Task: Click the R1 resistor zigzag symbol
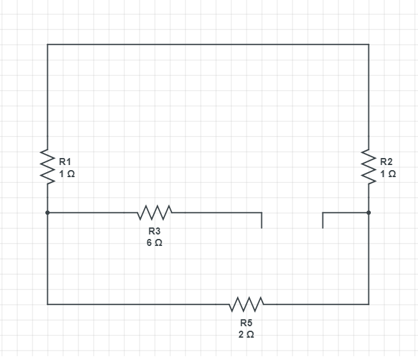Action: pos(47,167)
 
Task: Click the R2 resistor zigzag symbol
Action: pos(369,167)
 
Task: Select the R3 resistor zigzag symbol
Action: pos(155,213)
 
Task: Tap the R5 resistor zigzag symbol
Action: pos(247,304)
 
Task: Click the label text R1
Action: pos(65,162)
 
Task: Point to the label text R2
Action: pos(386,162)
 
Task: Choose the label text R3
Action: pos(155,231)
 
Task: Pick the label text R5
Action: pos(247,322)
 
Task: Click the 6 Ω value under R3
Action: pos(155,243)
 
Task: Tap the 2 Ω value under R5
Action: pos(247,335)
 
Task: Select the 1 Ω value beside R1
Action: pos(67,174)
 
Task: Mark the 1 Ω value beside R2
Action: pos(388,174)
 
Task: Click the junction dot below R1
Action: pos(47,213)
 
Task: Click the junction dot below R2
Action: pos(369,213)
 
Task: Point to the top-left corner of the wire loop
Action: pos(47,44)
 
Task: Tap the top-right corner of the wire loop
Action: pos(369,44)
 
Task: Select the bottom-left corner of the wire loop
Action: pos(47,304)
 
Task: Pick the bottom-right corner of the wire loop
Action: pos(369,304)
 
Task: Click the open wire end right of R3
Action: pos(261,228)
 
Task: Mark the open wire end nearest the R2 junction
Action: pos(322,228)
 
